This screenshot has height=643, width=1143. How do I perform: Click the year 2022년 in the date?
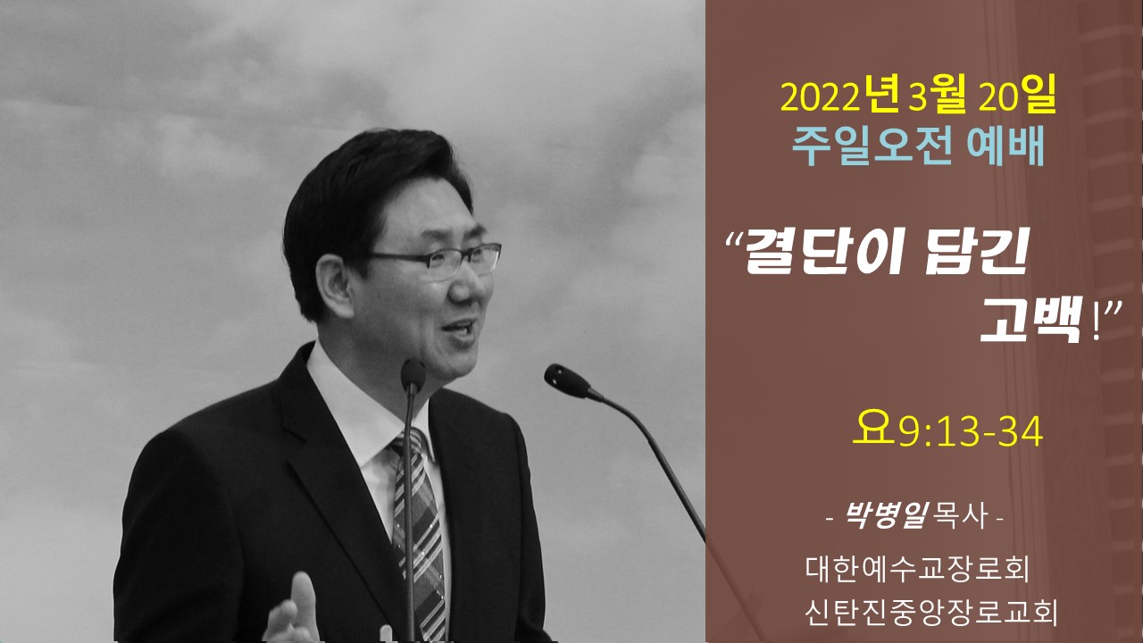(x=840, y=97)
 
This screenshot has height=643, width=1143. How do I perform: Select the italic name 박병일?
(x=886, y=515)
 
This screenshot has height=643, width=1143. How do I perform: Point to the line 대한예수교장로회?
(x=917, y=569)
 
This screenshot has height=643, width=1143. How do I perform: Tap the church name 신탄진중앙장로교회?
(x=930, y=612)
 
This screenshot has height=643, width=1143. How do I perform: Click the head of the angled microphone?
(x=567, y=380)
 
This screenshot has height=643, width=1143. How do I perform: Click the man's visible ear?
(x=334, y=285)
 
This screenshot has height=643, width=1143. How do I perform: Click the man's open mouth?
(x=458, y=330)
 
